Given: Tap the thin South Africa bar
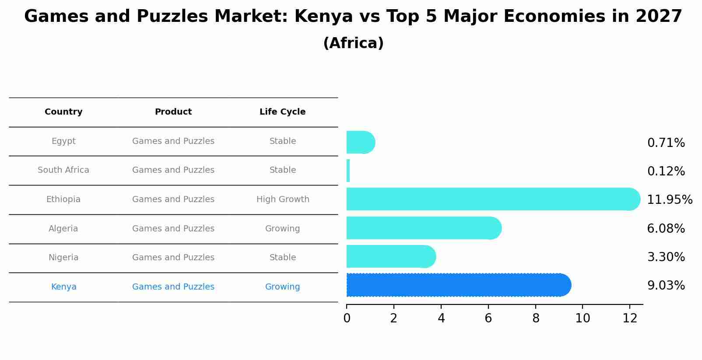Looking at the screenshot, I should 348,171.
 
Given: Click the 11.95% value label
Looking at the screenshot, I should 669,200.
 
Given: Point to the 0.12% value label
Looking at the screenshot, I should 666,171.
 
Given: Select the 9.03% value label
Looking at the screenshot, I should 666,286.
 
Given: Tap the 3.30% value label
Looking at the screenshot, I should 666,257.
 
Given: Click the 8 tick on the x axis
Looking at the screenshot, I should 536,318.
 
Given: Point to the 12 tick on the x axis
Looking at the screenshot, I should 630,318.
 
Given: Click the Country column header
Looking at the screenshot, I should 63,112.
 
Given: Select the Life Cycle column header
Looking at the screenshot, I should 282,112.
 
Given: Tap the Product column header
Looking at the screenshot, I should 173,112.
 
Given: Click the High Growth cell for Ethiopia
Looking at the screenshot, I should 283,199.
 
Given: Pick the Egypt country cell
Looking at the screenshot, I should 63,141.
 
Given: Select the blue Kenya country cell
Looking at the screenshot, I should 63,287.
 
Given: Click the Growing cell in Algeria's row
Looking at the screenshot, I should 282,229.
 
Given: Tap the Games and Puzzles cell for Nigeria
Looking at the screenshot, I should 173,258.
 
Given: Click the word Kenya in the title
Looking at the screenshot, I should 323,17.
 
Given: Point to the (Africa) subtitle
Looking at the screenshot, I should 353,43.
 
